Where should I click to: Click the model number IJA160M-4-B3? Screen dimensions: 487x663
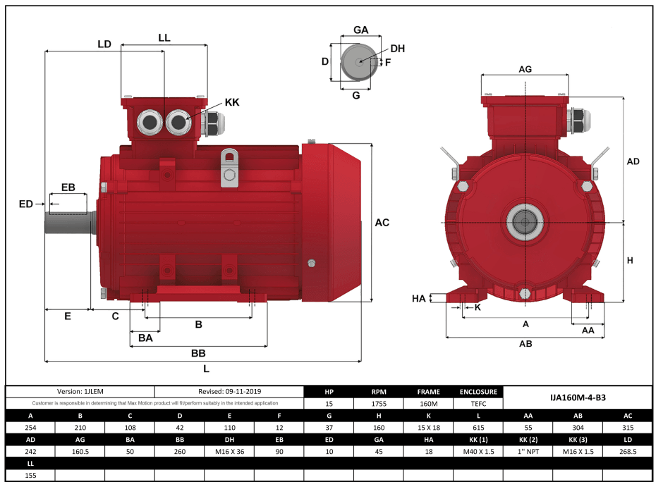577,397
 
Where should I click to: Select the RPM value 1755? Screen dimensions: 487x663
378,405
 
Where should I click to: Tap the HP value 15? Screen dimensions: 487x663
329,405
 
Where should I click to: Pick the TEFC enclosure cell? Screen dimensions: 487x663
478,405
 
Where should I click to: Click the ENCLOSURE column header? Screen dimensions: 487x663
478,392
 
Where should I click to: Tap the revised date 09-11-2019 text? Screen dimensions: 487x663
229,392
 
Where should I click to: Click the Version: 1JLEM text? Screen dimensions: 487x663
80,392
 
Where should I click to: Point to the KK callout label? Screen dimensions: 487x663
232,103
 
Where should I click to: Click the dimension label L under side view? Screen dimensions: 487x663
205,369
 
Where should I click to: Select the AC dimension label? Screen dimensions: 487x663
382,223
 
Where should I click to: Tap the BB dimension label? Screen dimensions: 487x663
197,352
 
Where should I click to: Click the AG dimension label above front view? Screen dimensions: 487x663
525,69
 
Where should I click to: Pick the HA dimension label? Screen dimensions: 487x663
419,299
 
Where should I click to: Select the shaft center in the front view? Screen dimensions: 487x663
525,223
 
